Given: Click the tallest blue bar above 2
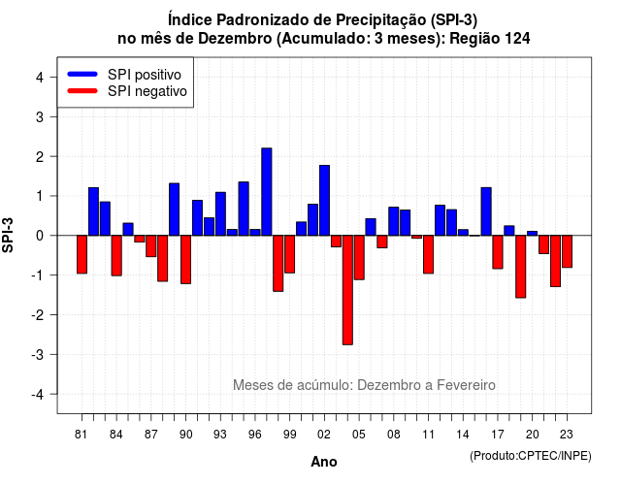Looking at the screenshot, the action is [x=267, y=192].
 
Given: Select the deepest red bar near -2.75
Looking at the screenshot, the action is [x=347, y=290].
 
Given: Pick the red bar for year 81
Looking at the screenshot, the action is [x=82, y=254].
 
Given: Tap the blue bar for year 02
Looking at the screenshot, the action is [x=324, y=201].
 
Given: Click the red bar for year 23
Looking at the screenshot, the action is [x=567, y=251].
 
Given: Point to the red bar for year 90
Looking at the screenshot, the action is [x=185, y=260].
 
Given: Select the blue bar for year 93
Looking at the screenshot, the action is [x=220, y=213].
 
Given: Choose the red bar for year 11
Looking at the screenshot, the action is [x=429, y=254].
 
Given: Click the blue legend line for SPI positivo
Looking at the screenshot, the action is [x=82, y=74].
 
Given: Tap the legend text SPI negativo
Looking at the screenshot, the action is [x=147, y=91].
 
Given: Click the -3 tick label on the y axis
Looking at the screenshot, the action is [x=38, y=355].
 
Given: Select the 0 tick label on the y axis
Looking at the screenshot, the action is [x=40, y=236].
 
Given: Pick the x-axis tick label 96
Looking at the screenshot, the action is [x=255, y=435].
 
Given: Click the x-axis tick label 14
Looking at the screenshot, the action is [x=463, y=435].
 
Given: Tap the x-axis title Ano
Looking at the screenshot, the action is [x=324, y=462].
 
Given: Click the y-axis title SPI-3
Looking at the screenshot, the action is [x=8, y=235].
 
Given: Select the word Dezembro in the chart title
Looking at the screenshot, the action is [x=235, y=39].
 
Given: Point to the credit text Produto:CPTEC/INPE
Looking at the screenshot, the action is [x=531, y=456].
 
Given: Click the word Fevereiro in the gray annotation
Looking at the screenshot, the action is [x=466, y=385].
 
